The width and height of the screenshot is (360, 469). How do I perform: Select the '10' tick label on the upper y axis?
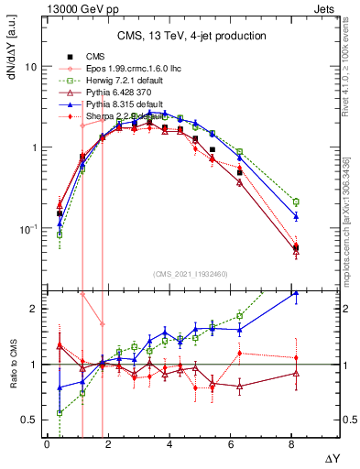pos(31,67)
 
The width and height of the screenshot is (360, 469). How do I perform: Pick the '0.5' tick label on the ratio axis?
pos(29,420)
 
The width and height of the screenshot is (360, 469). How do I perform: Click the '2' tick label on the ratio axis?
pos(34,309)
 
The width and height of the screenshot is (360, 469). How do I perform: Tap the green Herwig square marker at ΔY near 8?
pos(295,201)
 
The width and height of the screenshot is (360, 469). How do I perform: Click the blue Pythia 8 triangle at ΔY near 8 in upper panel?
pos(295,216)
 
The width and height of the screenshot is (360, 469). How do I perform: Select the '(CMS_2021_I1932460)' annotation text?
pos(191,274)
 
